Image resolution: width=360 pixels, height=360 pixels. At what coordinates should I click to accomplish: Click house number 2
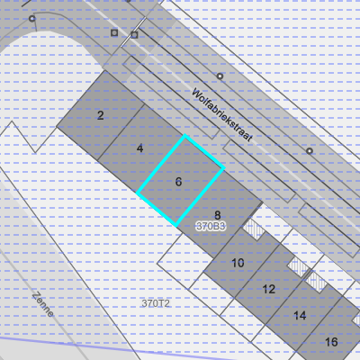point(101,115)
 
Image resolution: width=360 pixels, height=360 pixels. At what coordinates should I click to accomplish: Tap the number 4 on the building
point(139,148)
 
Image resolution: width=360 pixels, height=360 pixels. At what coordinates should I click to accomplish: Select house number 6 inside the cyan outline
point(178,182)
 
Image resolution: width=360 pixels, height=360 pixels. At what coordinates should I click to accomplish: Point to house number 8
point(218,215)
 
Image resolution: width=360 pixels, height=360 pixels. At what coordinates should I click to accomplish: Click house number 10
point(238,263)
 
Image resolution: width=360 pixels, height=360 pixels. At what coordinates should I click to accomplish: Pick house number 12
point(269,289)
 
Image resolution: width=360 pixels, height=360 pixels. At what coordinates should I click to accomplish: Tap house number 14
point(300,316)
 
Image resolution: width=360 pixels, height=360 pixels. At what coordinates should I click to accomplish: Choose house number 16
point(331,342)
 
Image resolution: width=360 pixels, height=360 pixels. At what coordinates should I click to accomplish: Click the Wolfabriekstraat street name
point(222,114)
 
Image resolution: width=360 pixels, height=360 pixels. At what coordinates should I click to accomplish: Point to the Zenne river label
point(43,304)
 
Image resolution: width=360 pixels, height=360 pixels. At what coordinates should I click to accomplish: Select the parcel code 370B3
point(211,226)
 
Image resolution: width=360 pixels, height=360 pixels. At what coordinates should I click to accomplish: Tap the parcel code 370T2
point(156,303)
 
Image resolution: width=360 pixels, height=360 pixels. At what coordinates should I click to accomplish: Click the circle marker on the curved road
point(31,19)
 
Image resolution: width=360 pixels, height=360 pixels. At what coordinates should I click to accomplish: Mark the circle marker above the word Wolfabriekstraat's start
point(220,76)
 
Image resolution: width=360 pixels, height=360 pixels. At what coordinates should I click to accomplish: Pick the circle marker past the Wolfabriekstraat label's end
point(310,151)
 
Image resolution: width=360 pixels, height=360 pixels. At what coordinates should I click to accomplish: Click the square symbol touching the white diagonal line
point(134,35)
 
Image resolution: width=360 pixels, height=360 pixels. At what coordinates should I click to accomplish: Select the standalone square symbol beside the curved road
point(114,32)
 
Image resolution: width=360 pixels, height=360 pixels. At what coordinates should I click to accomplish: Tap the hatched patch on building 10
point(254,229)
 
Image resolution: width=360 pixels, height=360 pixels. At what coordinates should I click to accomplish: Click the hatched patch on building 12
point(299,266)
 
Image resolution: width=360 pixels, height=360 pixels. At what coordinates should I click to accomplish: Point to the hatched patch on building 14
point(316,282)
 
